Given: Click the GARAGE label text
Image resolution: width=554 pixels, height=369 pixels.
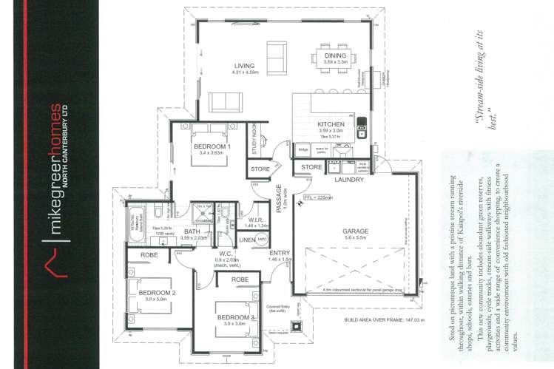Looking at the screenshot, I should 355,230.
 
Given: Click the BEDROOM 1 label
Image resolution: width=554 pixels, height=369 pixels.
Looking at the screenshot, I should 213,146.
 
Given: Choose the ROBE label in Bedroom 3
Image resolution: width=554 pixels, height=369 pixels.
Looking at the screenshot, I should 239,280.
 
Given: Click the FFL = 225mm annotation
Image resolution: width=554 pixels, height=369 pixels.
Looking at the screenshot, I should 319,198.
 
